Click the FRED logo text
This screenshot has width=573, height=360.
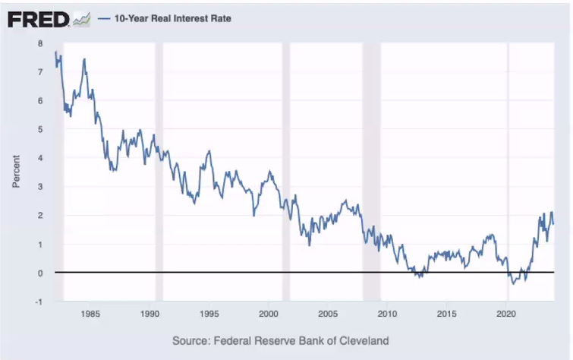38,18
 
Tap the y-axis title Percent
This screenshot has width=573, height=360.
16,172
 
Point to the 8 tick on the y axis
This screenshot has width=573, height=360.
40,43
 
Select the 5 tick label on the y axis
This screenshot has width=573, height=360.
40,129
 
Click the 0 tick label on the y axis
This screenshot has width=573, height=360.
40,273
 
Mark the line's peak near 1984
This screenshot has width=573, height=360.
83,59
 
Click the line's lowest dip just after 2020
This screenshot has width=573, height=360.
513,283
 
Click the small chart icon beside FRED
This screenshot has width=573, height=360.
82,18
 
